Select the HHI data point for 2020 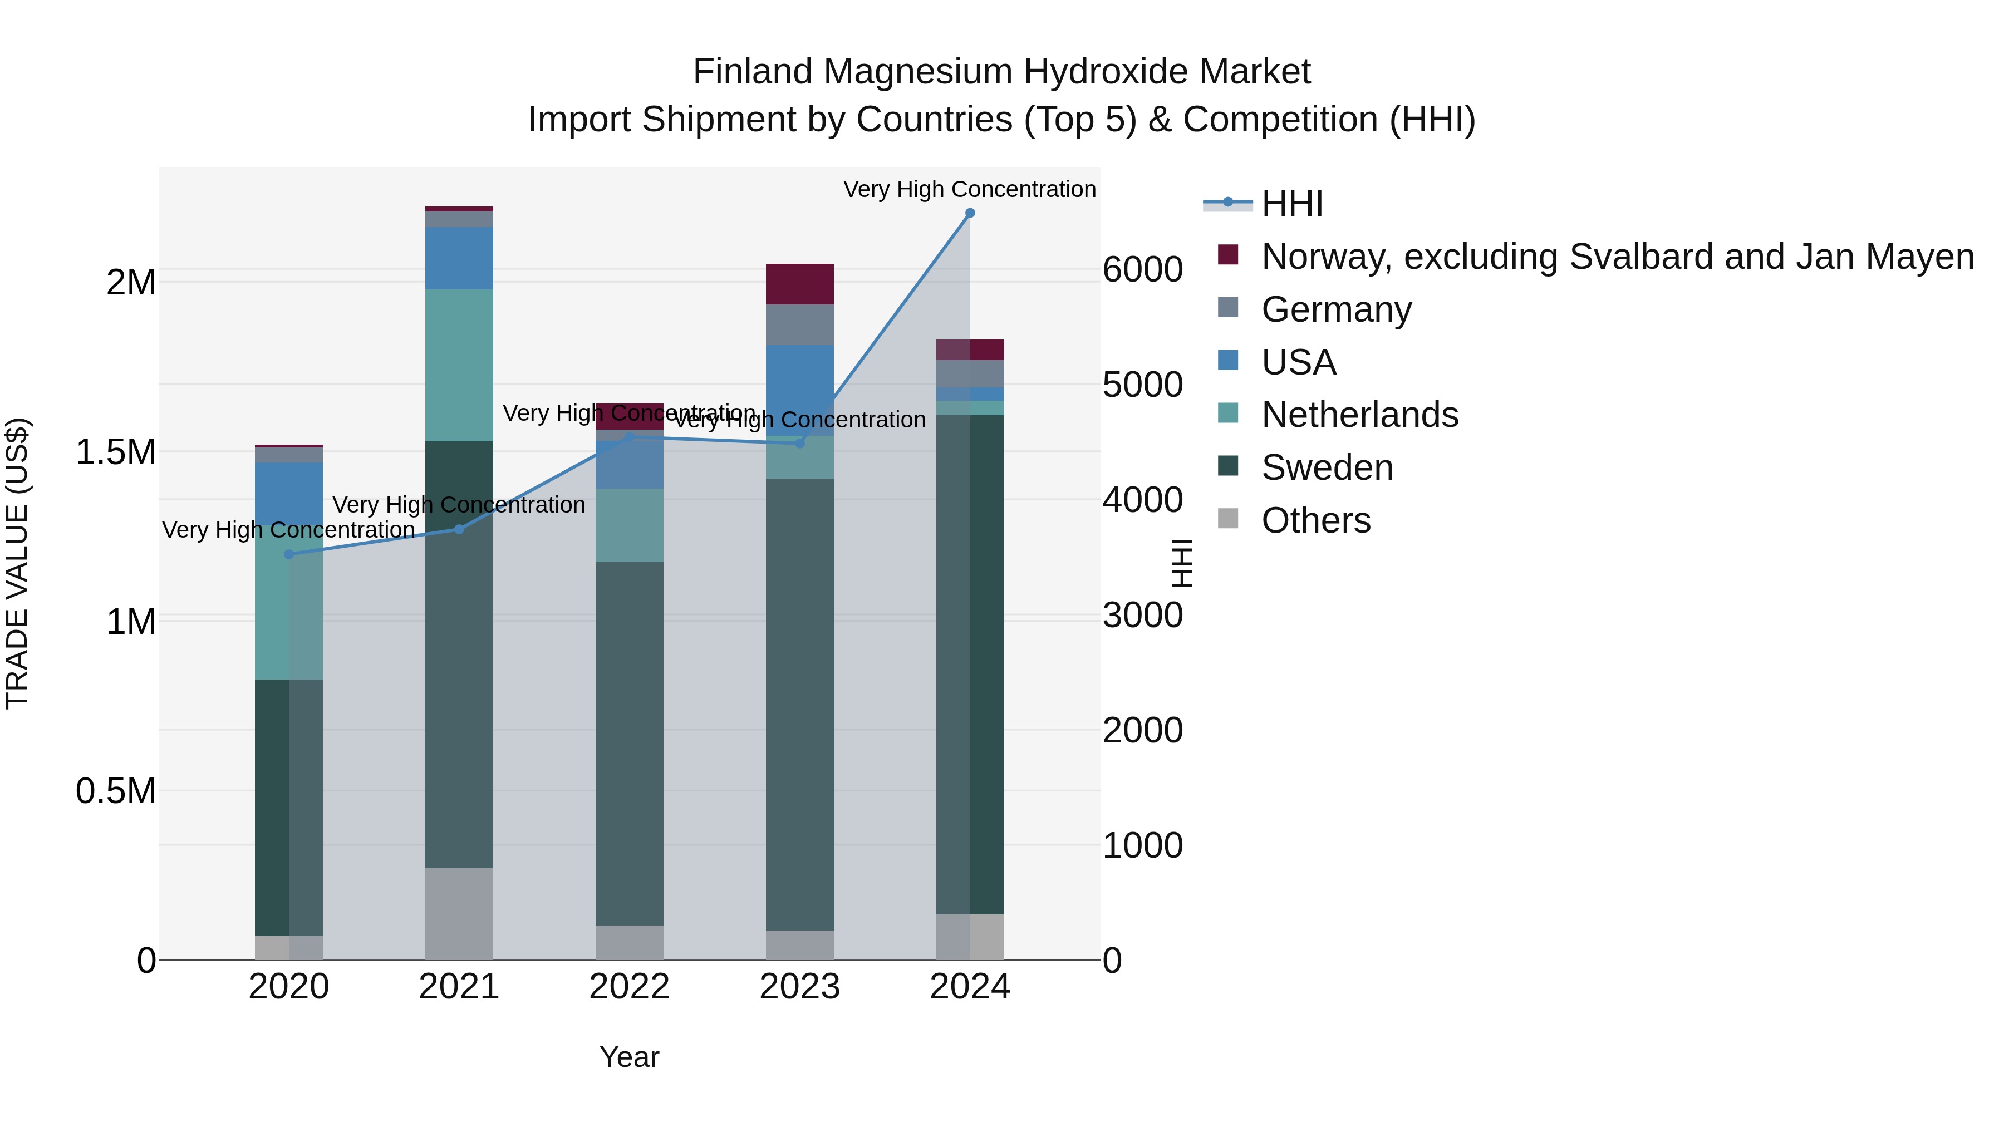[x=288, y=554]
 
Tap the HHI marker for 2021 [x=459, y=530]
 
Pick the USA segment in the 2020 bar [x=288, y=493]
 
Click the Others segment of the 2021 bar [x=459, y=913]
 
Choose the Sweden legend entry [x=1327, y=467]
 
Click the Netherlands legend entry [x=1359, y=415]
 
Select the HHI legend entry [x=1291, y=204]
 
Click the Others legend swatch [x=1227, y=519]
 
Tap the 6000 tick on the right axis [x=1142, y=270]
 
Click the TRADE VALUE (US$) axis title [x=17, y=563]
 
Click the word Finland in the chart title [x=753, y=72]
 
